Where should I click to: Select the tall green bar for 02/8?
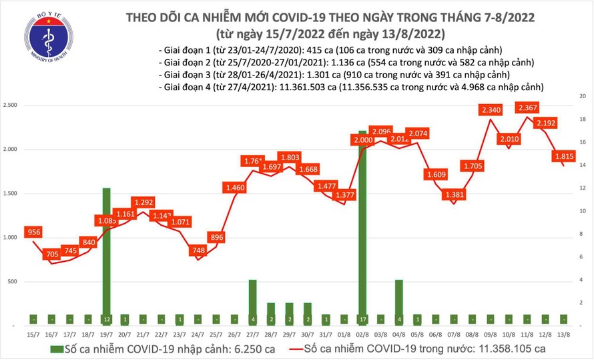click(362, 227)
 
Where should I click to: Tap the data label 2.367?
click(528, 107)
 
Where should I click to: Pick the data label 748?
click(198, 250)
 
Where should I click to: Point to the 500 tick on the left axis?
click(14, 282)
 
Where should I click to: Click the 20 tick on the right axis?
click(583, 97)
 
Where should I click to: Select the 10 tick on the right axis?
click(583, 211)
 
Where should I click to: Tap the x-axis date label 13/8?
click(565, 333)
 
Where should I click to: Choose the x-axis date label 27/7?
click(252, 333)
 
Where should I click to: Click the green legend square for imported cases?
click(54, 348)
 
